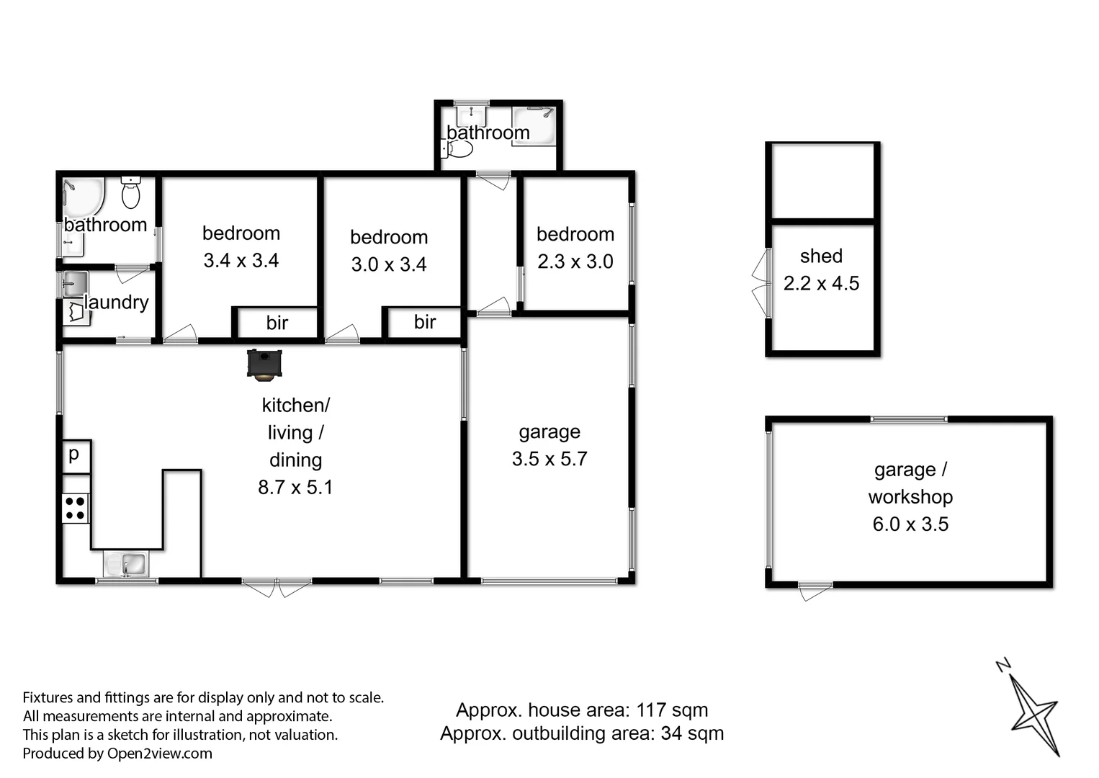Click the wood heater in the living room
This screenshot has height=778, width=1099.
(x=264, y=365)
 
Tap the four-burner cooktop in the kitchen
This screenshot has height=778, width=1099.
(x=76, y=508)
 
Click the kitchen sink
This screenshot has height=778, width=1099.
(x=125, y=564)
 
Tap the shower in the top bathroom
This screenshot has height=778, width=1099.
(x=534, y=125)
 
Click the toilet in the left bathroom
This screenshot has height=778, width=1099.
(x=130, y=193)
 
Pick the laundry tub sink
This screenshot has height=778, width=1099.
(x=73, y=284)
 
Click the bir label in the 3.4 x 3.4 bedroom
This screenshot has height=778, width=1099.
(x=277, y=323)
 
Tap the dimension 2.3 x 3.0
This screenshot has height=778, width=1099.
(x=575, y=261)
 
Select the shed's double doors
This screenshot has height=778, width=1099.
(x=761, y=282)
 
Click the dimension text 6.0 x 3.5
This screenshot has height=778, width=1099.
(x=910, y=524)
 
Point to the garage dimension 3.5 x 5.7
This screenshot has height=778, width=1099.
(x=549, y=459)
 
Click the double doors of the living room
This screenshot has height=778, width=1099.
(x=277, y=586)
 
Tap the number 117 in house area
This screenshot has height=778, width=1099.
(x=651, y=710)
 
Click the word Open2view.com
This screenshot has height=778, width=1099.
(x=160, y=754)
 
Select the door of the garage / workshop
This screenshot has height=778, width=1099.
(x=815, y=591)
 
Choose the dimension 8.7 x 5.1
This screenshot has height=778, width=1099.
(x=295, y=488)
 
